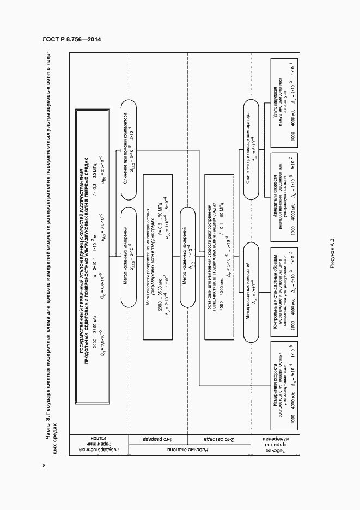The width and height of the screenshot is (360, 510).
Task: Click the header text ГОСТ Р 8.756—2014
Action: coord(72,39)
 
